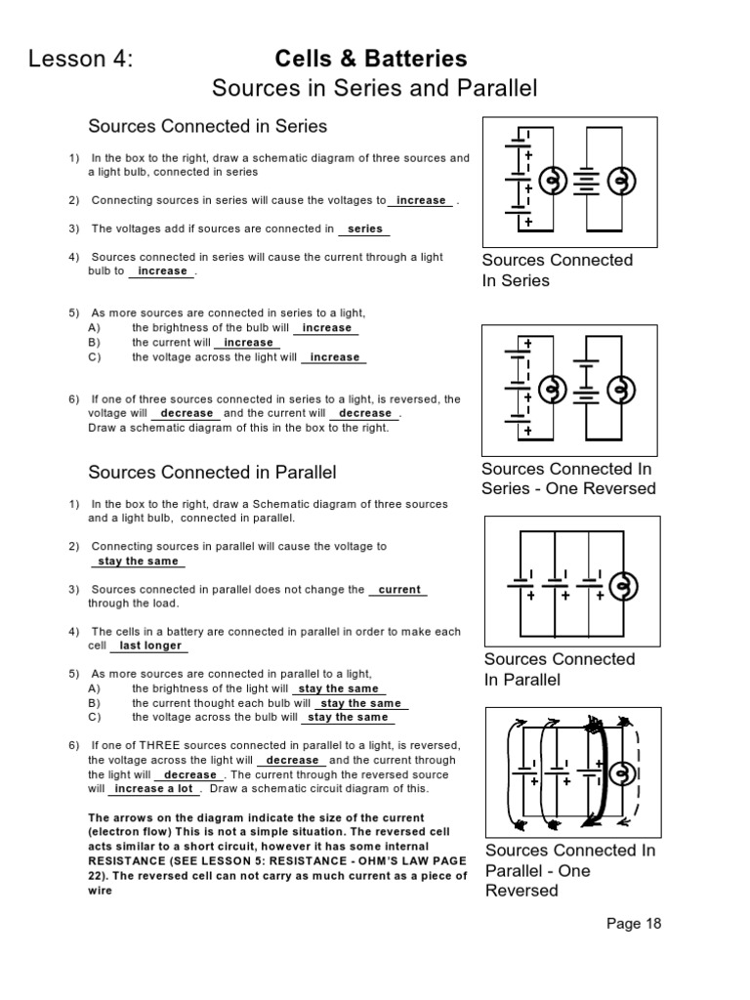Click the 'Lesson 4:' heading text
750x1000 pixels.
(80, 60)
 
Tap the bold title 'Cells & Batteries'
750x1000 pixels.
(371, 60)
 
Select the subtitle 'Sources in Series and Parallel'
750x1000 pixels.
(375, 89)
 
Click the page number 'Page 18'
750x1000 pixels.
(634, 924)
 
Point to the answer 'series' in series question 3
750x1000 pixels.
(365, 229)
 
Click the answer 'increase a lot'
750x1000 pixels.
(153, 788)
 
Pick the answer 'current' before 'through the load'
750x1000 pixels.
(398, 590)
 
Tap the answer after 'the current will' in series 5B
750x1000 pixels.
(248, 343)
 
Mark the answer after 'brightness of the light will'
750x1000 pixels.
(338, 688)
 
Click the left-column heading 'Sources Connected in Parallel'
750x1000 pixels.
(212, 473)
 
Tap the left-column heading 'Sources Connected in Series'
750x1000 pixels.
(207, 126)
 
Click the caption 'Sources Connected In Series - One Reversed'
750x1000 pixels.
(568, 479)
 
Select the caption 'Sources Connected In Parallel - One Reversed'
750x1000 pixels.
(569, 870)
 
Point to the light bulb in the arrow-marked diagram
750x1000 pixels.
(620, 773)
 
